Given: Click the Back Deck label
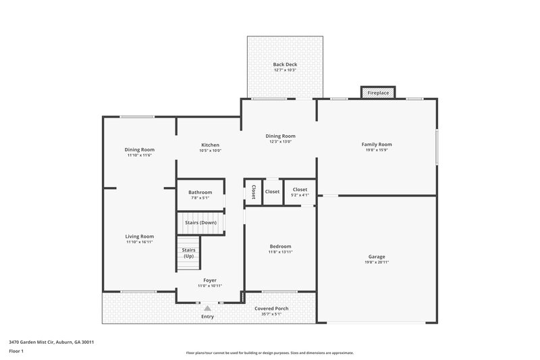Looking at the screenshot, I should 285,65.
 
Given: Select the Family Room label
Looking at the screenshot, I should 377,145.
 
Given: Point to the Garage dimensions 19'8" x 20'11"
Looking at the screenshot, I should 377,262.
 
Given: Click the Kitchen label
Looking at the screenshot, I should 210,145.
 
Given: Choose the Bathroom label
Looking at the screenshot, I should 200,192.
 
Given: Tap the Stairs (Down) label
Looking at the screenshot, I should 200,222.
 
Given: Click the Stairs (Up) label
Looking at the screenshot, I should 189,253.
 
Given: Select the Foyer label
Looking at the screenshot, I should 210,280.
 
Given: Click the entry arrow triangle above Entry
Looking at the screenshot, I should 207,308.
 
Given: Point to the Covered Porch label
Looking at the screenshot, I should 271,309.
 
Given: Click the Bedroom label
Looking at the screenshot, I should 280,247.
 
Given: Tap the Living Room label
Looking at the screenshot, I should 139,236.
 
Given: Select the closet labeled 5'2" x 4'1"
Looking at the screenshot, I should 300,192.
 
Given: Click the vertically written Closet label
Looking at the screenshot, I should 254,192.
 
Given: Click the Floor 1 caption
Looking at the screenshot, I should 17,351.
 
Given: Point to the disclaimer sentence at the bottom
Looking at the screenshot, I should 269,353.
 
